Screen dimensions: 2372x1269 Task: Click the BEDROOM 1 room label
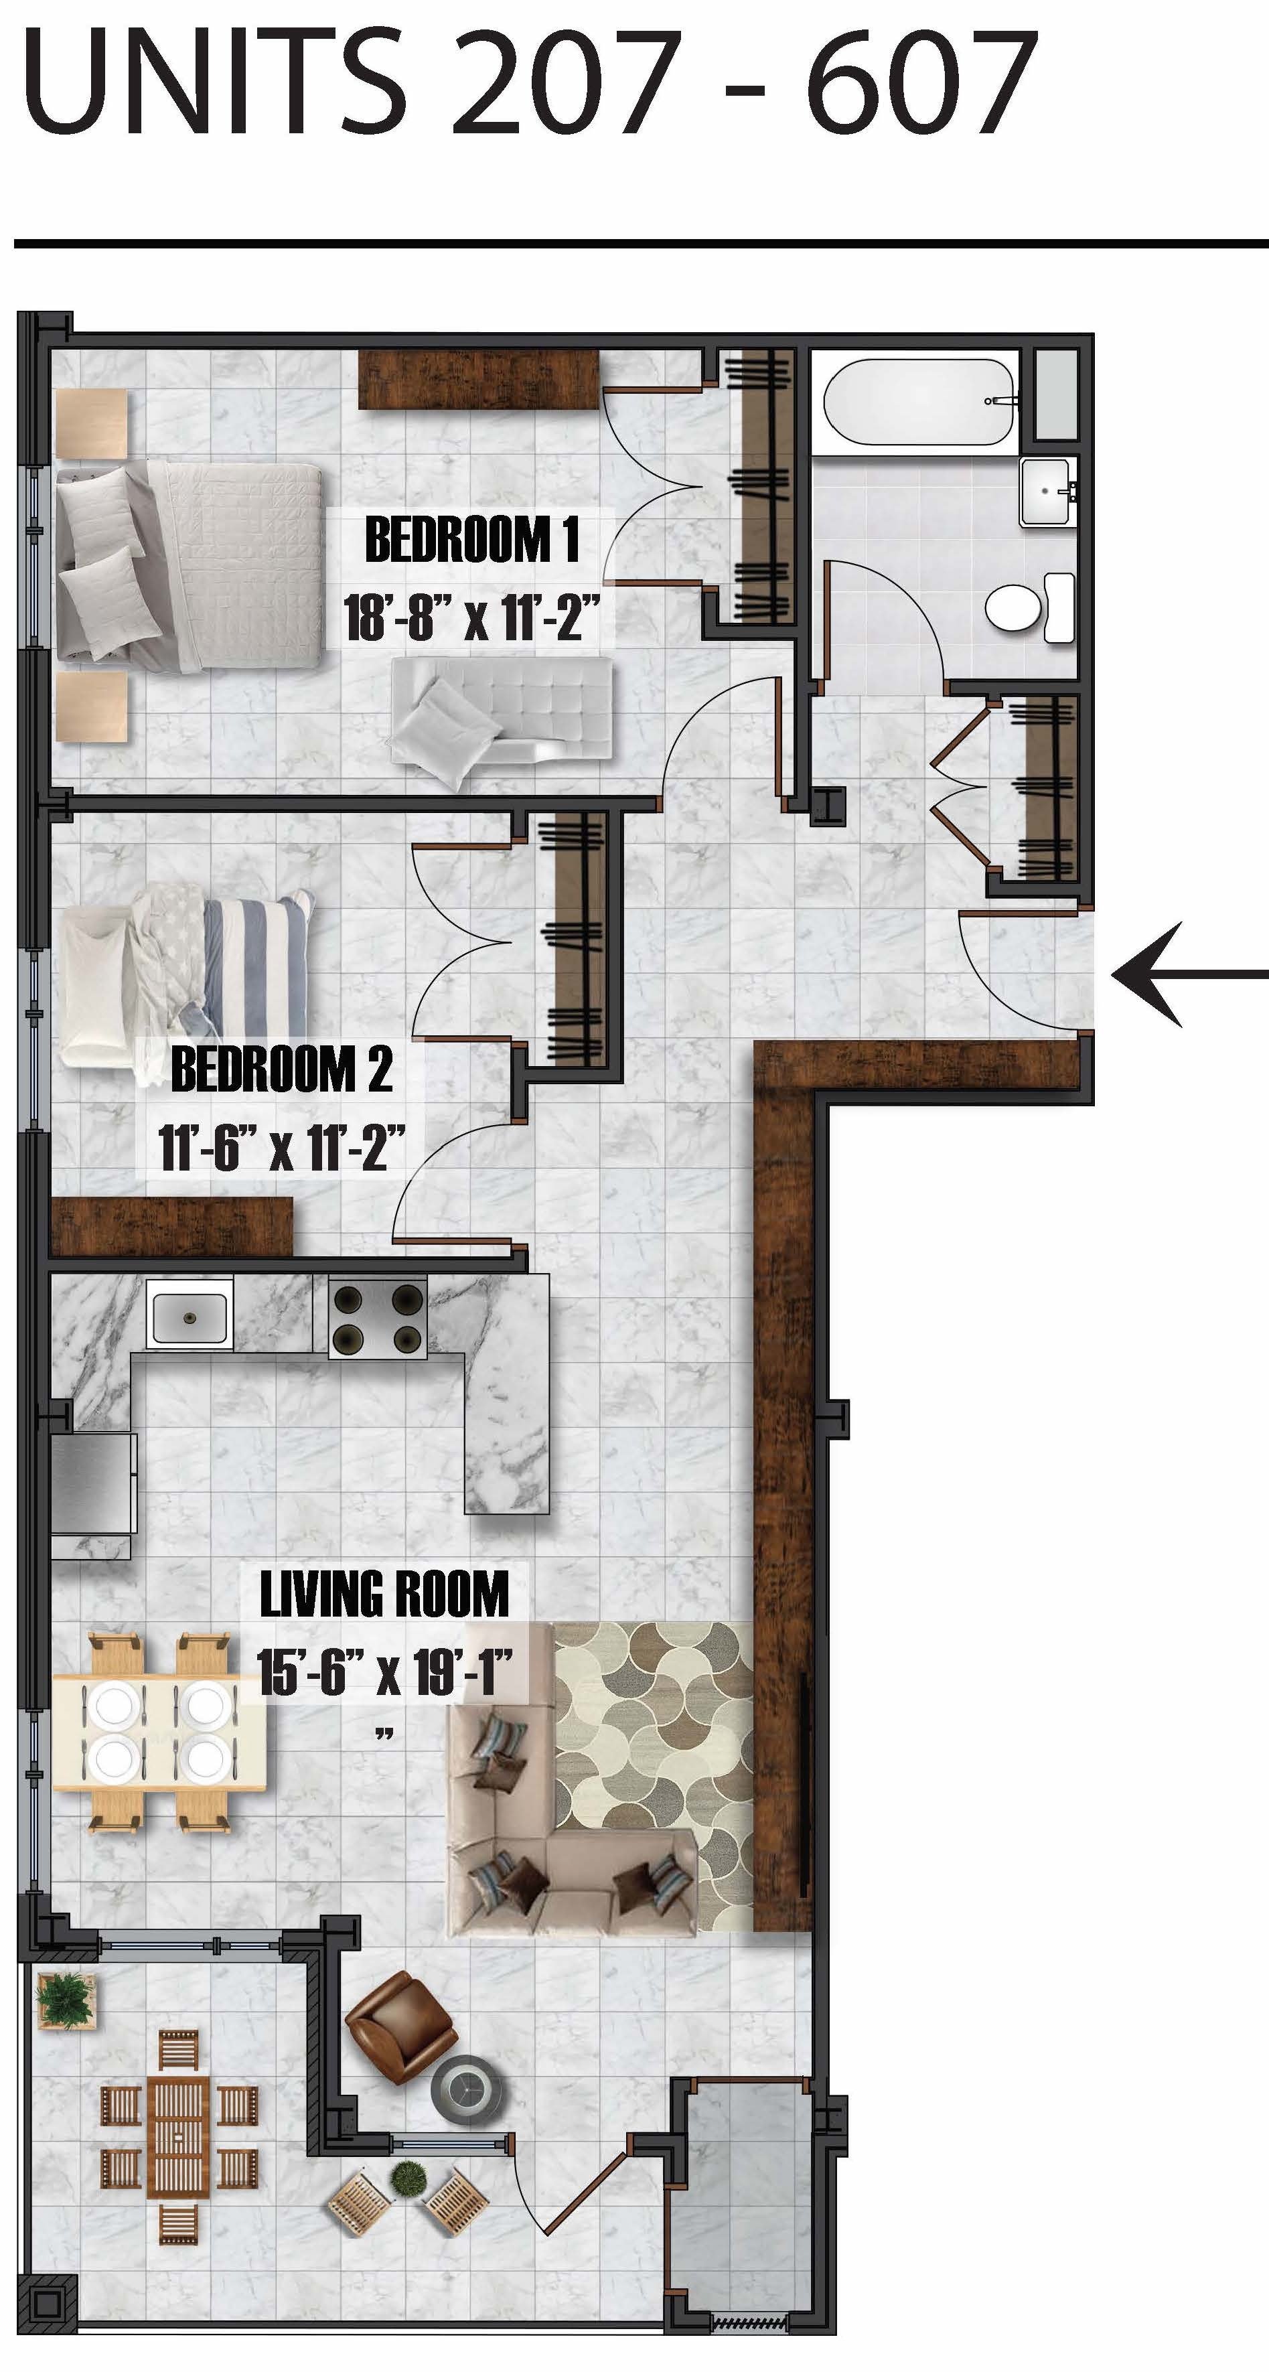[x=471, y=540]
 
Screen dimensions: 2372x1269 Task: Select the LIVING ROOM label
[x=384, y=1595]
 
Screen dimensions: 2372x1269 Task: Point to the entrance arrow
[x=1188, y=974]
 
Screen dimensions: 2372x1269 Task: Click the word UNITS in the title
[x=214, y=84]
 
